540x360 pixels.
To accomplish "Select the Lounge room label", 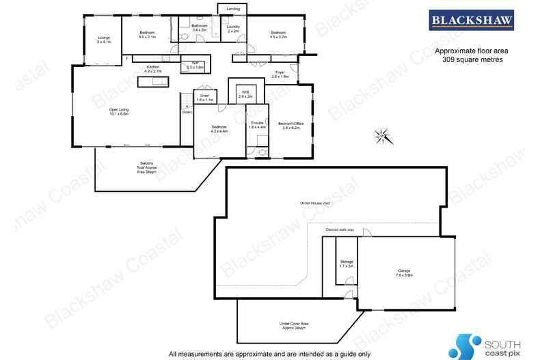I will click(104, 39).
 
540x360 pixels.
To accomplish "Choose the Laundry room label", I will click(233, 29).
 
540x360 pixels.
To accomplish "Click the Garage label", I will click(405, 272).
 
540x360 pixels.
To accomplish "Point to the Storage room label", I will click(347, 262).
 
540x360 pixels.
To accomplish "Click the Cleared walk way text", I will click(340, 230).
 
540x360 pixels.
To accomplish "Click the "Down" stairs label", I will click(187, 112).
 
